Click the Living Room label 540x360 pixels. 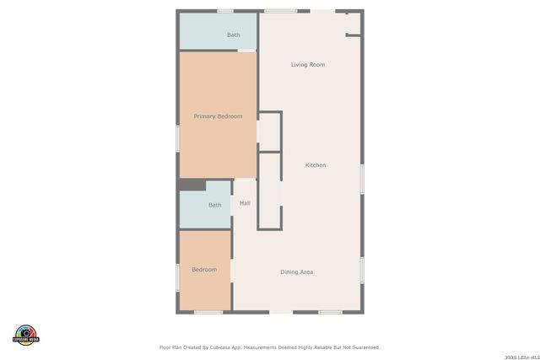308,65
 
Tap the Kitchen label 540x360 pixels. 316,165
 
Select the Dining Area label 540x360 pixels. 297,271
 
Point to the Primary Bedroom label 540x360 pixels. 218,116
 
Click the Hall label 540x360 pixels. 245,203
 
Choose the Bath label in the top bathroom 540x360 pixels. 234,35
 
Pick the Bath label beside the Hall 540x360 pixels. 215,205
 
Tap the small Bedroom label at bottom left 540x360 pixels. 204,270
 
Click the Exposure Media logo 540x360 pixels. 26,334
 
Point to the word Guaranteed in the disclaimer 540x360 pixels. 361,347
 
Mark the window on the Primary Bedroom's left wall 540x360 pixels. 177,138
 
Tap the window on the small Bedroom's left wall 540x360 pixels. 177,278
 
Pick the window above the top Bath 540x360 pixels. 224,11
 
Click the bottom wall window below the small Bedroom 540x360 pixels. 208,313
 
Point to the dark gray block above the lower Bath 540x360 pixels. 192,185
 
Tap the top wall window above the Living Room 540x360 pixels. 280,11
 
